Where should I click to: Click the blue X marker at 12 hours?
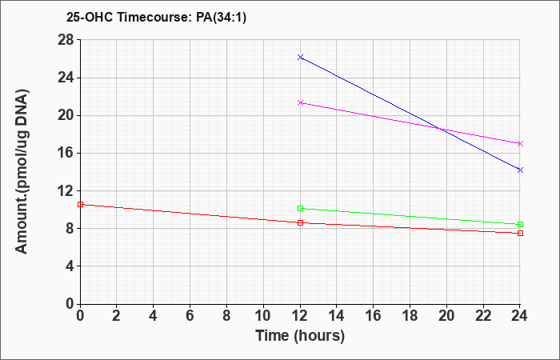(300, 57)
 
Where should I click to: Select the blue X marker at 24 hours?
(520, 170)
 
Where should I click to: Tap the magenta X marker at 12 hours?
(300, 103)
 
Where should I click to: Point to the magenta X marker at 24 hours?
(520, 143)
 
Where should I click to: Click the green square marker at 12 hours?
(300, 208)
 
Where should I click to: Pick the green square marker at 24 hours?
(520, 224)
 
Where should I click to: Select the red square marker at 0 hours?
(80, 204)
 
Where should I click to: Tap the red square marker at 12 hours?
(300, 222)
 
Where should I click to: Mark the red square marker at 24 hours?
(520, 234)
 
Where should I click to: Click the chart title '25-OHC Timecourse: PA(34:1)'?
(156, 18)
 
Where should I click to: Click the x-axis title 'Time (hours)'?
(300, 336)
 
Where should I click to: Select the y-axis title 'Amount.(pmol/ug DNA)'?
(22, 171)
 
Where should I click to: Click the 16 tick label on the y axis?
(66, 154)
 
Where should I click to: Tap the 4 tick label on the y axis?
(70, 266)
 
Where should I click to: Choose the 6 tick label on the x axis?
(190, 316)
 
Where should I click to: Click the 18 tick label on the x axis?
(410, 316)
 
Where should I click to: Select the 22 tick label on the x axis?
(483, 316)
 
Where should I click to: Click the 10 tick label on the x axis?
(263, 316)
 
